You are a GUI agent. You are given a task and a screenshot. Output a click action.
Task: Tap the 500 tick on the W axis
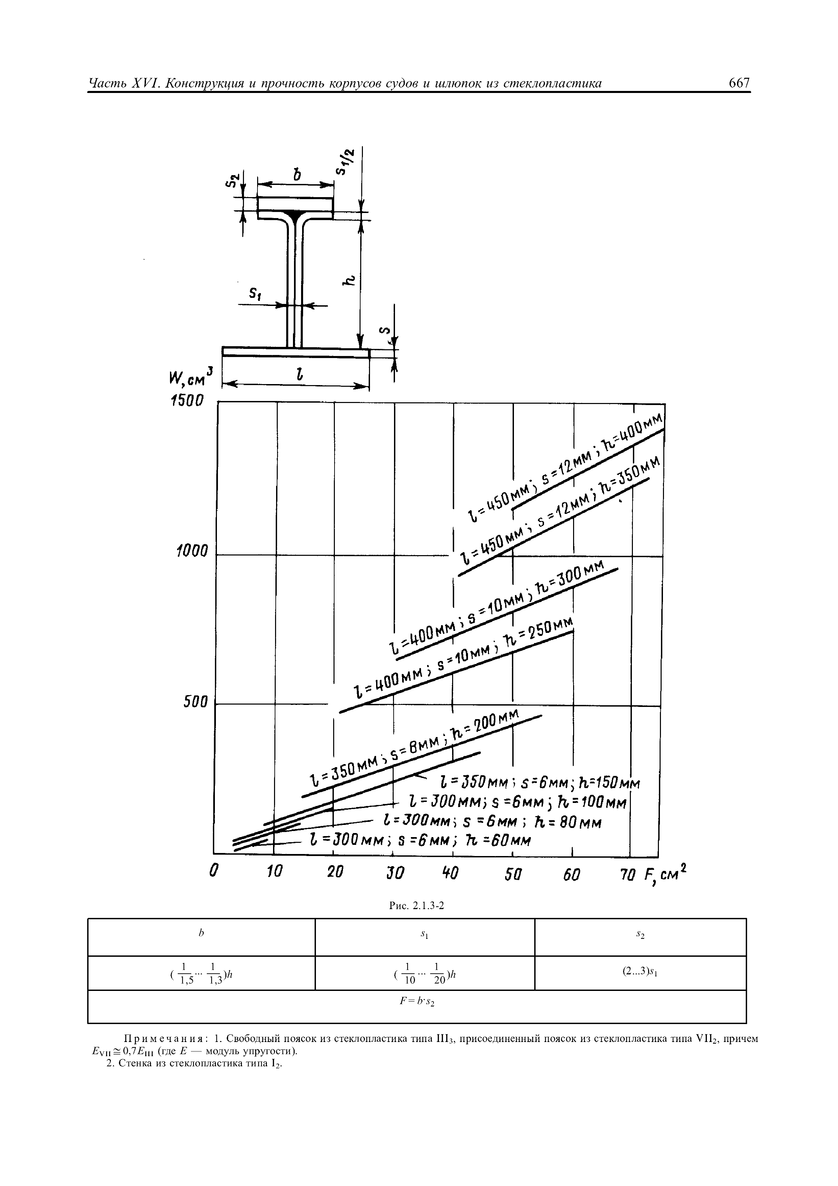coord(196,703)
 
